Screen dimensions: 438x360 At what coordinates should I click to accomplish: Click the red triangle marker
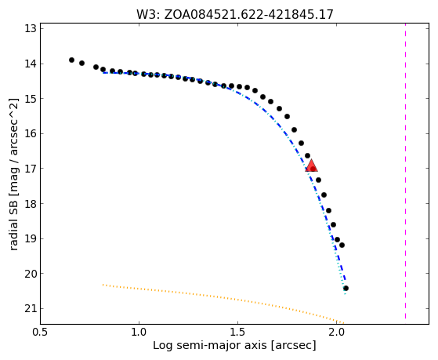(311, 165)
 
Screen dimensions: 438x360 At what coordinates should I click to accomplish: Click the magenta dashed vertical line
(405, 171)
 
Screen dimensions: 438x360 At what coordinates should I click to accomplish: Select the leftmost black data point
(71, 60)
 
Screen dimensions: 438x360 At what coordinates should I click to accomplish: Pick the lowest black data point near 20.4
(346, 288)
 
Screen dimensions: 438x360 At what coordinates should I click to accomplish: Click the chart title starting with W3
(235, 14)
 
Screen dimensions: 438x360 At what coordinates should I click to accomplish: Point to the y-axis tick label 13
(31, 29)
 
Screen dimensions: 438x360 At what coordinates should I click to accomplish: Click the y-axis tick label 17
(31, 169)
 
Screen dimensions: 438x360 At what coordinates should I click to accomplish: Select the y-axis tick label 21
(31, 308)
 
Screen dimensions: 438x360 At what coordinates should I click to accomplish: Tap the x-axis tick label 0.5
(41, 332)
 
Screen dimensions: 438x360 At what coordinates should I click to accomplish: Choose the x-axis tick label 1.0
(139, 332)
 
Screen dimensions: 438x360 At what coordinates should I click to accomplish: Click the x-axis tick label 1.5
(237, 332)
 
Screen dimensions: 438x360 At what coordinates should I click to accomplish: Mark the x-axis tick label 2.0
(337, 332)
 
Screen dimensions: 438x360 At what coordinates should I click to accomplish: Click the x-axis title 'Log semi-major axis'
(210, 346)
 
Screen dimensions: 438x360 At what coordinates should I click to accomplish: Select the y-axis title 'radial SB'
(13, 228)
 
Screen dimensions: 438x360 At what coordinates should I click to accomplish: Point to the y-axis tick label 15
(31, 99)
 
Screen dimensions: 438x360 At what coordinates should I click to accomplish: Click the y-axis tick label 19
(31, 238)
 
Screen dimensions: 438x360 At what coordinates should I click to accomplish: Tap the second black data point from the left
(81, 64)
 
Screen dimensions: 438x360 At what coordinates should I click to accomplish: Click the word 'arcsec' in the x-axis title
(293, 346)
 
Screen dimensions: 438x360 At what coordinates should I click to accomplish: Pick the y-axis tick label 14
(31, 64)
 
